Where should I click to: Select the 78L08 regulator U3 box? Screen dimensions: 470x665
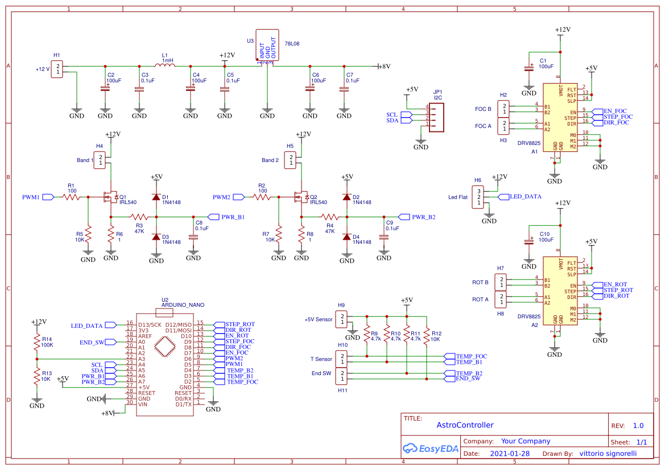[x=267, y=45]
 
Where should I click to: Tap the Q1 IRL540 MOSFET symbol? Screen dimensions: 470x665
[x=110, y=197]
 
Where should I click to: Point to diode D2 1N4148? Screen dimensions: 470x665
[x=346, y=197]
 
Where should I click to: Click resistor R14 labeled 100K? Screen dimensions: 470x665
[x=36, y=342]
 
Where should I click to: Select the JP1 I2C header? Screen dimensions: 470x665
[x=436, y=116]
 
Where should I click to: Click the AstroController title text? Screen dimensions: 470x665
[x=465, y=425]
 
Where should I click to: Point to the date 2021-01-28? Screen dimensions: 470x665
[x=510, y=454]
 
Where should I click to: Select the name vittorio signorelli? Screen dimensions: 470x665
[x=608, y=454]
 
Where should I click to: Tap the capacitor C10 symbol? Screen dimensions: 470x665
[x=529, y=242]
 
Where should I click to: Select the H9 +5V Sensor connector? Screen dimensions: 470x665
[x=341, y=319]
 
